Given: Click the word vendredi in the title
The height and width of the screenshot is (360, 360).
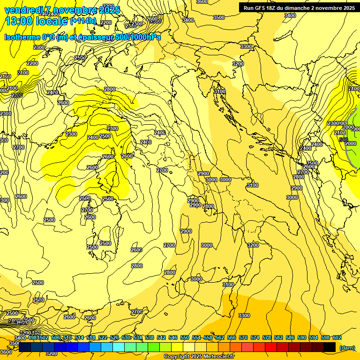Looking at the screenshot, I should (21, 10).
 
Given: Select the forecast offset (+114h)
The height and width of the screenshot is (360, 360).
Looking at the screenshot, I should (83, 21).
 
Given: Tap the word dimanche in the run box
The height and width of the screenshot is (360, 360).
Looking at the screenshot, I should (310, 8).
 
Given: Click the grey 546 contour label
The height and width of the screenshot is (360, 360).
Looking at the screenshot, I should (344, 140).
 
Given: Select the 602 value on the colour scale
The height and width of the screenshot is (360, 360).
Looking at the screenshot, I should (337, 337).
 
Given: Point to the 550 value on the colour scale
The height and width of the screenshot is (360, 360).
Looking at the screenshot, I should (184, 337).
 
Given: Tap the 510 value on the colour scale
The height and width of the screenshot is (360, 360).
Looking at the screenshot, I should (67, 337).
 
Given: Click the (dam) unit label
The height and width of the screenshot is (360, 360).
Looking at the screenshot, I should (347, 348).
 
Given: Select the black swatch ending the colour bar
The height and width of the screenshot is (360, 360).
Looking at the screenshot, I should (330, 347).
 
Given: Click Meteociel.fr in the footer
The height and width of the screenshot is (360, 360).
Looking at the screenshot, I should (218, 357).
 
